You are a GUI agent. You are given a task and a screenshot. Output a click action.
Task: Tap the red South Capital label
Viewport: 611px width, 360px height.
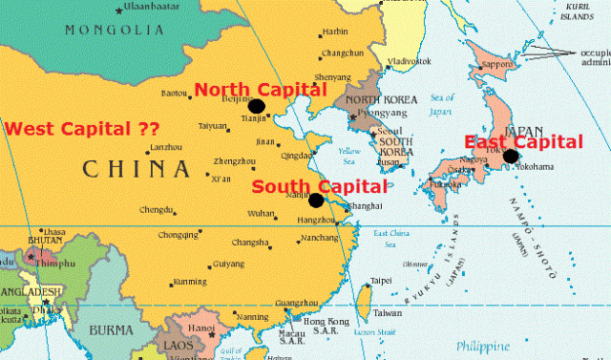[320, 186]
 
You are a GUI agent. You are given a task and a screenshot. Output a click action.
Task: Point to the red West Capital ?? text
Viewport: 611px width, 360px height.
[82, 127]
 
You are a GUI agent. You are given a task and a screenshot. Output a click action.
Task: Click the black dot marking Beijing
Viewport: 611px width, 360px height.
[256, 106]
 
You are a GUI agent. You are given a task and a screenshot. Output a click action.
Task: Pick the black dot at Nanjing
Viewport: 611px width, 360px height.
[316, 201]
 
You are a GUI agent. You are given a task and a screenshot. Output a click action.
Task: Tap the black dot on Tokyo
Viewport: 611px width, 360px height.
[512, 157]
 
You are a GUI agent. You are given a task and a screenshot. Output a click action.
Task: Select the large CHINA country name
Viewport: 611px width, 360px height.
[136, 171]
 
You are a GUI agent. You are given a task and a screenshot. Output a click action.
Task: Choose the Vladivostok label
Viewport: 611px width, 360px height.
[410, 62]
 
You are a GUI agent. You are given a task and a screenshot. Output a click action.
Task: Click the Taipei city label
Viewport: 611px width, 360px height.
[381, 281]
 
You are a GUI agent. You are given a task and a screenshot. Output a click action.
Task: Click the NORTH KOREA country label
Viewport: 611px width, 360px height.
[379, 99]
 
